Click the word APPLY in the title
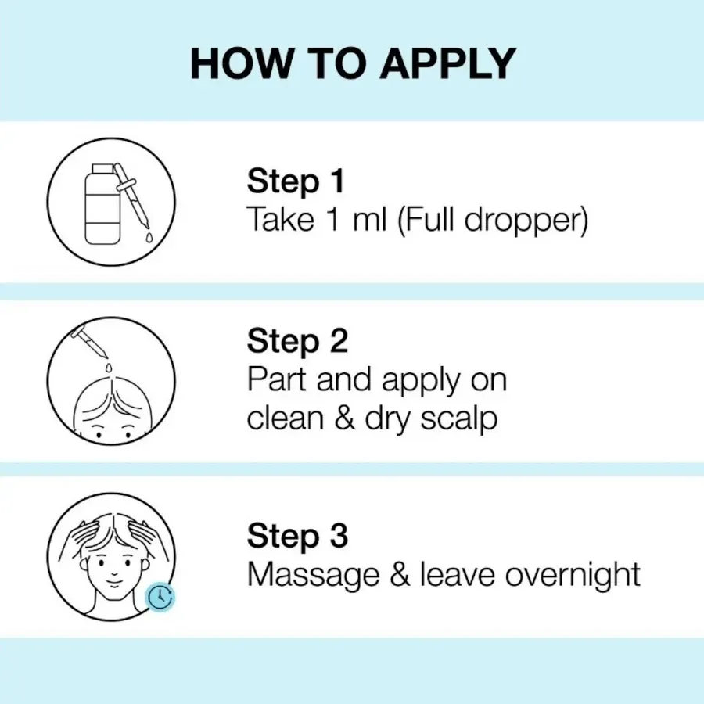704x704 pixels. [x=448, y=63]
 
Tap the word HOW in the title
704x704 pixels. [x=241, y=63]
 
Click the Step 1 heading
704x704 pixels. [x=296, y=181]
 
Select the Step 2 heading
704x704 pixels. [x=297, y=342]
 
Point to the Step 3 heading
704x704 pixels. [x=297, y=536]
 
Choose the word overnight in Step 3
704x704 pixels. [x=572, y=575]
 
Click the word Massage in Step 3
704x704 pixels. [x=314, y=575]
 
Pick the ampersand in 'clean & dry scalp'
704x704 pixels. [x=344, y=418]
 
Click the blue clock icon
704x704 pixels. [x=160, y=597]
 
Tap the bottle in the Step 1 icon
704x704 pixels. [x=102, y=204]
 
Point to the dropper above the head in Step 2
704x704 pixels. [x=89, y=341]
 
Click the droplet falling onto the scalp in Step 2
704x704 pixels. [x=108, y=368]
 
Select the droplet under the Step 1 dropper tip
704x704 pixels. [x=149, y=237]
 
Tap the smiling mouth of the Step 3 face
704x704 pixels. [x=114, y=584]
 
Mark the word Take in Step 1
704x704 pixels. [x=281, y=220]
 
